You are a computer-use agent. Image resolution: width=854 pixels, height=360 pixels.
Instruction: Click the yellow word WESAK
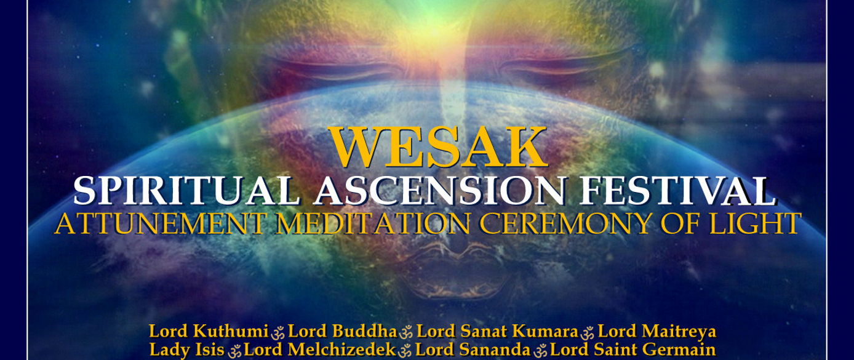click(x=439, y=147)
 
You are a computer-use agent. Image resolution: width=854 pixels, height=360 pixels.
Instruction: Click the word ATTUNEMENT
click(x=161, y=223)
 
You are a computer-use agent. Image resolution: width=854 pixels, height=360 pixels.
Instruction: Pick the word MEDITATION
click(x=372, y=223)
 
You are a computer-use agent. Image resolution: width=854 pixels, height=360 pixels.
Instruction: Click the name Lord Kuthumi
click(x=209, y=331)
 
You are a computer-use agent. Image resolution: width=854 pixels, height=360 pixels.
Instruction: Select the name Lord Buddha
click(x=343, y=331)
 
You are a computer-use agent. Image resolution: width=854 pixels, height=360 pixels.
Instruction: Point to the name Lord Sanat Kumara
click(x=498, y=331)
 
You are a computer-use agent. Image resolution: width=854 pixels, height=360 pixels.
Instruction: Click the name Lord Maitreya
click(x=657, y=332)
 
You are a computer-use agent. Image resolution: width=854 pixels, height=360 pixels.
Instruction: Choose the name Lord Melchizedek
click(x=320, y=350)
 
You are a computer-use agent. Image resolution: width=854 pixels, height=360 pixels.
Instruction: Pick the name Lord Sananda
click(x=473, y=350)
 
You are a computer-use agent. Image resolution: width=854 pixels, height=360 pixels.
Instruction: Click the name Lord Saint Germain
click(x=633, y=350)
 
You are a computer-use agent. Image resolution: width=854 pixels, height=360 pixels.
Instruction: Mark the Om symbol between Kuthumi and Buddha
click(x=278, y=333)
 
